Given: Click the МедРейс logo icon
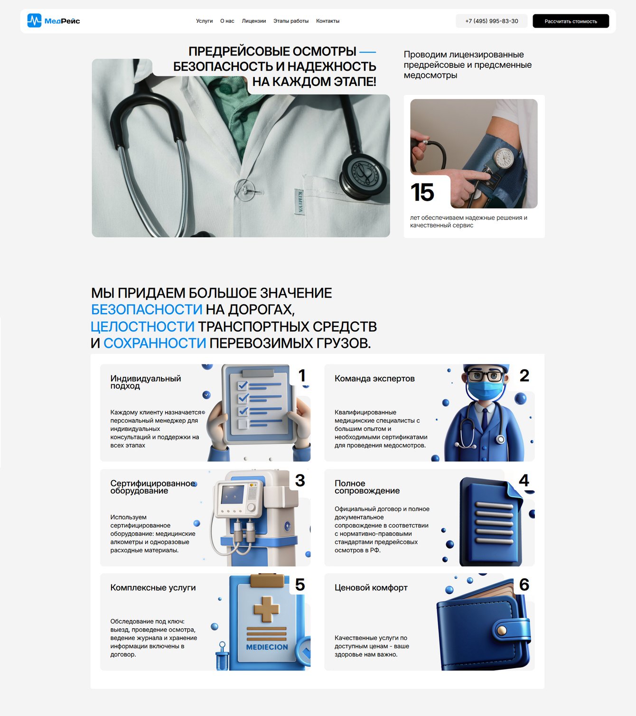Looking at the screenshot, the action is (34, 20).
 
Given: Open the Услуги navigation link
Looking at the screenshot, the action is (205, 21).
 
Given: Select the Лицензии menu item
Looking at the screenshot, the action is (254, 21).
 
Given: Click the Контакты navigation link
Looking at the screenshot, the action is (327, 21).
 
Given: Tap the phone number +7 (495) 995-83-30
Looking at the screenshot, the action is (491, 21).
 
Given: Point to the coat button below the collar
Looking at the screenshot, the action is (244, 190).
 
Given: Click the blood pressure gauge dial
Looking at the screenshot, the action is (504, 158).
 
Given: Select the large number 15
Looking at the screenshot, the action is (422, 192).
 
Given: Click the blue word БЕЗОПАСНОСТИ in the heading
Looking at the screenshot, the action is (147, 309).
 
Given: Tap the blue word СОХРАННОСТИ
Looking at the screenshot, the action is (155, 343).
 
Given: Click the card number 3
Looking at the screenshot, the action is (300, 480).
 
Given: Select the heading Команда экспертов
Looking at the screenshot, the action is (374, 379).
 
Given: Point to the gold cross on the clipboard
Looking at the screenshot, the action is (266, 609).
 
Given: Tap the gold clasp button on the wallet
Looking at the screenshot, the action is (501, 630).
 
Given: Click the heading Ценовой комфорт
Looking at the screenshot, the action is (371, 587).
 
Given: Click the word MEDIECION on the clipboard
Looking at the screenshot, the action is (267, 647).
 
